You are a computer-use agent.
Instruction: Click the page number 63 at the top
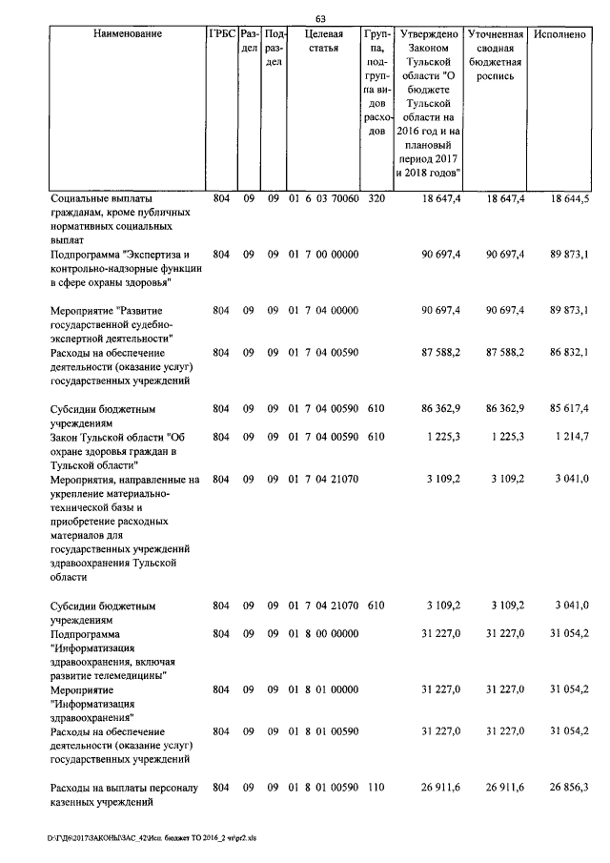320,20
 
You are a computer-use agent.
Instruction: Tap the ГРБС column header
221,34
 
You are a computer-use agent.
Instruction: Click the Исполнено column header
560,34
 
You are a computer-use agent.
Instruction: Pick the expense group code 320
376,198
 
